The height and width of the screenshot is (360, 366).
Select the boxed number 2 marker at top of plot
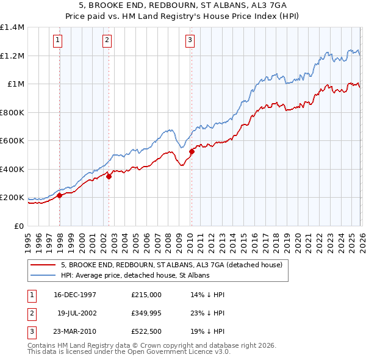coord(106,41)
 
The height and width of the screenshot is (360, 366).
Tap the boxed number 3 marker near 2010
coord(190,41)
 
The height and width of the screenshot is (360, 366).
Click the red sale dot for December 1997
coord(60,196)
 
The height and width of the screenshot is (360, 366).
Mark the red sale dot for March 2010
coord(192,152)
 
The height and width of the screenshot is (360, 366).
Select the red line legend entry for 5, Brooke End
coord(171,265)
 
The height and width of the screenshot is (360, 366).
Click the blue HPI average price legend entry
coord(135,276)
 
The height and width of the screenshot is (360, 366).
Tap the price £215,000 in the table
coord(146,294)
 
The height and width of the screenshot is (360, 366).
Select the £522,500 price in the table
coord(146,333)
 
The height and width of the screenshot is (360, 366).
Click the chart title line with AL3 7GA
coord(183,5)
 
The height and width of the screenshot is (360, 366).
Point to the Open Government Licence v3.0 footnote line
coord(129,352)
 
